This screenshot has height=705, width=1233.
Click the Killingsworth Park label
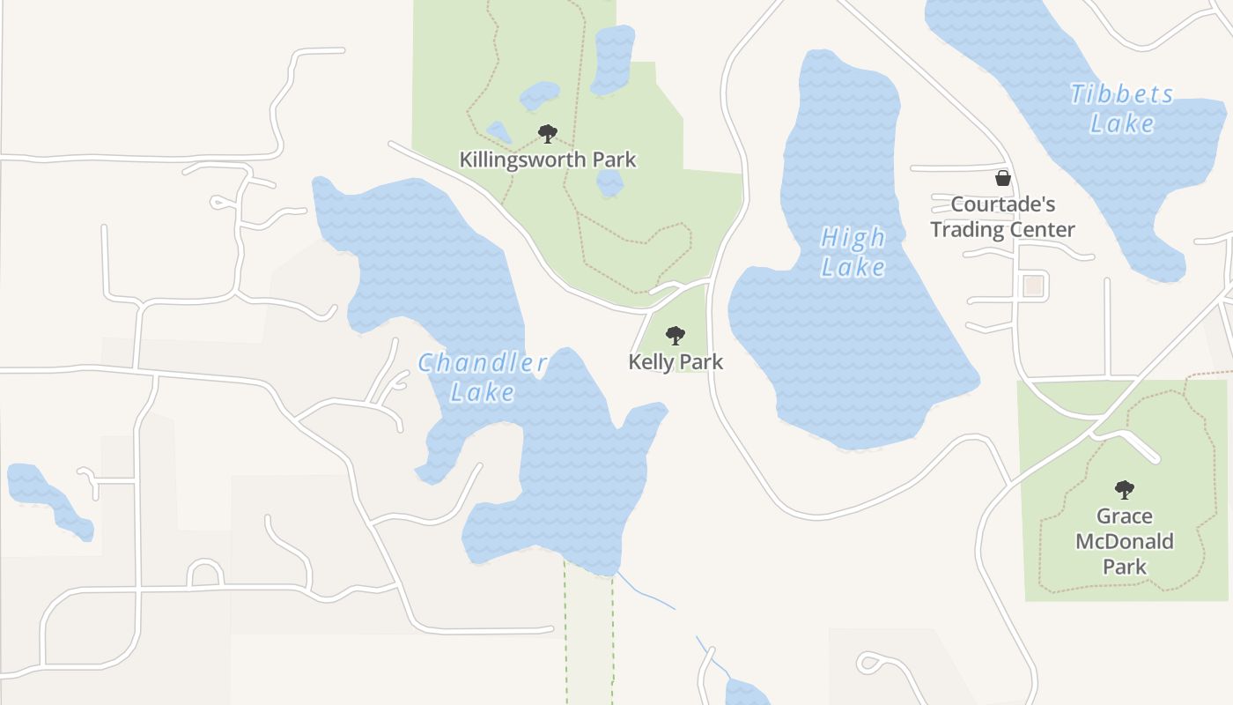click(x=547, y=160)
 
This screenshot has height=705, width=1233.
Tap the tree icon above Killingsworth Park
click(x=548, y=134)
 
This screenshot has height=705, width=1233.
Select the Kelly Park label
click(x=676, y=361)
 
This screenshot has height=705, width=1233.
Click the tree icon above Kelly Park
click(x=676, y=335)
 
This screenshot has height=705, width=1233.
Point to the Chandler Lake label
click(x=483, y=377)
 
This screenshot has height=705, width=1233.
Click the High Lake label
click(x=853, y=252)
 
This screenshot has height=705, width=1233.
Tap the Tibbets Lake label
click(x=1122, y=108)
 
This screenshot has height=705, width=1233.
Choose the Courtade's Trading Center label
click(x=1003, y=217)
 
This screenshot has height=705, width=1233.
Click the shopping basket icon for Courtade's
click(x=1002, y=178)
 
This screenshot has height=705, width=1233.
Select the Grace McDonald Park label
click(x=1125, y=541)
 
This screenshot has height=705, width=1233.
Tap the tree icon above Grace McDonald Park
click(x=1124, y=489)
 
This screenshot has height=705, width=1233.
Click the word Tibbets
click(x=1122, y=94)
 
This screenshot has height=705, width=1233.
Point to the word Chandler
click(x=483, y=363)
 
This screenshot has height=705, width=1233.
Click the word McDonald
click(x=1125, y=541)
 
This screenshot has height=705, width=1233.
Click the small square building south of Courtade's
click(x=1033, y=286)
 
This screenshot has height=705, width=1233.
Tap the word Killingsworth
click(x=522, y=160)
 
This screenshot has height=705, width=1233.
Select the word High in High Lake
click(x=853, y=238)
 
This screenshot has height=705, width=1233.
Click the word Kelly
click(x=650, y=361)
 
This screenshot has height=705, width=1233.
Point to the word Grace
click(x=1125, y=516)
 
